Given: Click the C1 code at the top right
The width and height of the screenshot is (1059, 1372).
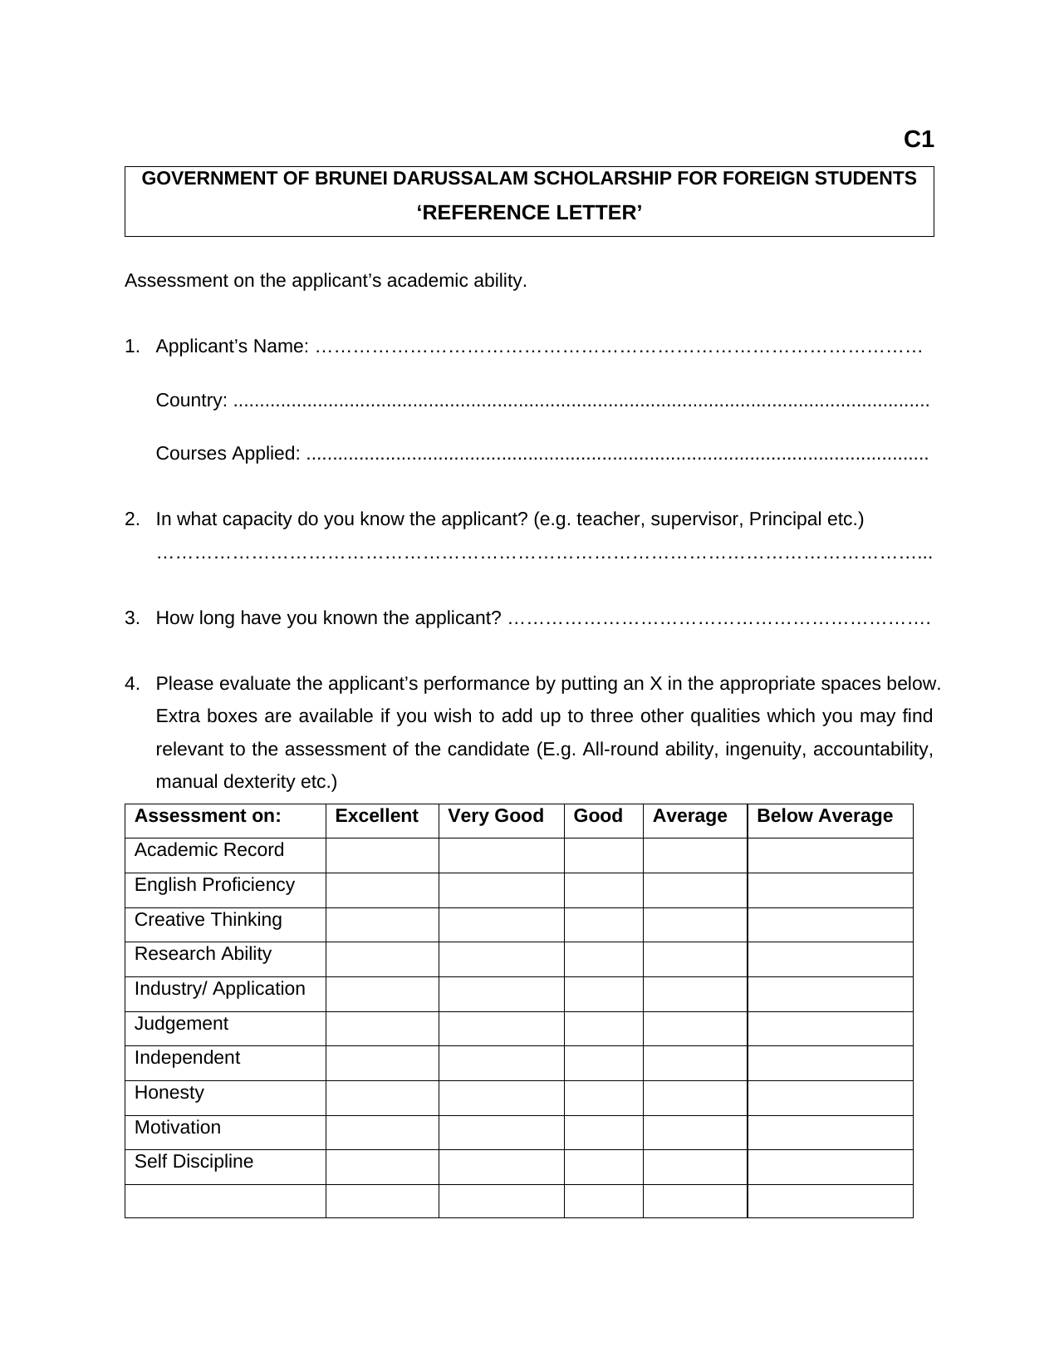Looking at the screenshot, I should pos(919,140).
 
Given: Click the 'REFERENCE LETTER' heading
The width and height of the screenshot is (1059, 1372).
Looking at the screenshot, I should pos(529,214).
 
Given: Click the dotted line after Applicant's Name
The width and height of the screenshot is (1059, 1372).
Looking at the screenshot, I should pos(619,347).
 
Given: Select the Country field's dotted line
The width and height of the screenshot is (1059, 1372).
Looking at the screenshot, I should pos(581,401).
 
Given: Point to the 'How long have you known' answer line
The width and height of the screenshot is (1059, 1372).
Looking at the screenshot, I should pos(718,619).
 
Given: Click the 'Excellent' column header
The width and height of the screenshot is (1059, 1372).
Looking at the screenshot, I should pos(376,816).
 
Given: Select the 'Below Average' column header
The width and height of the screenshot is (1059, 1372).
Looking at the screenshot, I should pos(825,816).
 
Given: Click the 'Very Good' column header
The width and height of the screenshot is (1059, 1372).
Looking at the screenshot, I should pos(496,816).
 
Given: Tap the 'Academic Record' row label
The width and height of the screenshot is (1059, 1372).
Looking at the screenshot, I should pos(209,850).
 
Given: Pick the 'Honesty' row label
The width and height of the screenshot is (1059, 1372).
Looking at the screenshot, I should pos(169,1093).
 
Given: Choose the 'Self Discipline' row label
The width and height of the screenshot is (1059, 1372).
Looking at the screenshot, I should pos(194,1162).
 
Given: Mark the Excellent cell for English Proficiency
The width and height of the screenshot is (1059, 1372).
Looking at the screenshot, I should pos(382,890).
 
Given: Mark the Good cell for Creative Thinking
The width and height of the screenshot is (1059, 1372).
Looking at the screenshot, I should pos(604,925).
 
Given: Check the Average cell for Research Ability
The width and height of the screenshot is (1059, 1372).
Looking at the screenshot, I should pos(695,959).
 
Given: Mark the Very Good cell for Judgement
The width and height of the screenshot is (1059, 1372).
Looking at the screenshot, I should pos(502,1029).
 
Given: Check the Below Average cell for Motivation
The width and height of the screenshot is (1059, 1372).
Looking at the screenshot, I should pos(831,1133).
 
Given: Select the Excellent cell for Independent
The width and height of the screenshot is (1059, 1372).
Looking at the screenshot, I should pos(382,1063).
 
